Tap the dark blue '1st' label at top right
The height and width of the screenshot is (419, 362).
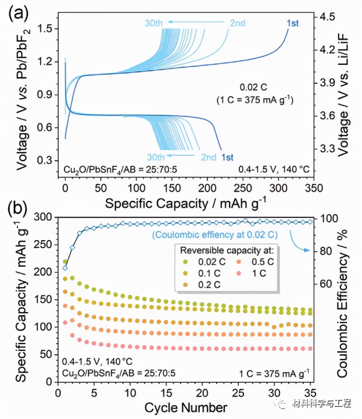point(293,23)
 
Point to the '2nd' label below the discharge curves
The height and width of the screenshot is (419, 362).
point(209,157)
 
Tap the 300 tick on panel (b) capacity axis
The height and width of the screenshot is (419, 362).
point(46,217)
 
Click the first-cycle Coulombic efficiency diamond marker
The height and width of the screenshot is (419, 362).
point(65,268)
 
